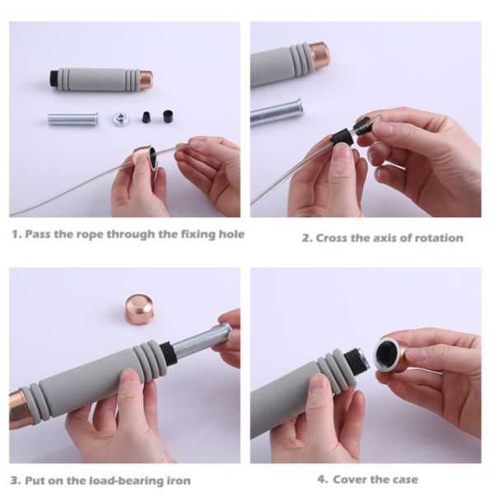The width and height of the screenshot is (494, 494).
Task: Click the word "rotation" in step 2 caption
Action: coord(439,238)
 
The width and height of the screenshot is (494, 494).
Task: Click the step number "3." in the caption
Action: coord(16,481)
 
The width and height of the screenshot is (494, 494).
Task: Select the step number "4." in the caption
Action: coord(323,479)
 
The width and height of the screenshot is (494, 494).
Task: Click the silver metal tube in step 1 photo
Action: coord(72,119)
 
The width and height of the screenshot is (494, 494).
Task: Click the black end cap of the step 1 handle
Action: coord(55,78)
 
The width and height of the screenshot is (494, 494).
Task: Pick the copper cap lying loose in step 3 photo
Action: coord(139,310)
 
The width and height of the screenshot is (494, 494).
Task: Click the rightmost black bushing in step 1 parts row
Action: coord(169,116)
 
